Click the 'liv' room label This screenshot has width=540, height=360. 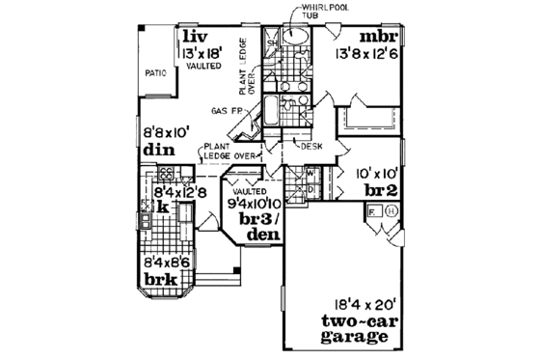pos(189,36)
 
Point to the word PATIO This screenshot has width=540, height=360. pos(157,70)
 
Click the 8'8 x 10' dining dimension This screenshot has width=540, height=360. pos(166,133)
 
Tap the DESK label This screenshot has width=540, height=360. pos(310,147)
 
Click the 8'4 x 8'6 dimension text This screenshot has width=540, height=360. pos(166,262)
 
